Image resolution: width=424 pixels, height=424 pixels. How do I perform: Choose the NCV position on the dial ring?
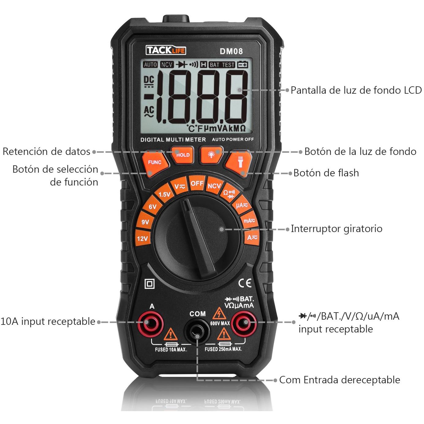coord(214,186)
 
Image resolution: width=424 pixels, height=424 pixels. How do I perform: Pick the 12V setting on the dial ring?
coord(143,238)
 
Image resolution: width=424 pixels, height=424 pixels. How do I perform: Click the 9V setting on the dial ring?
coord(145,222)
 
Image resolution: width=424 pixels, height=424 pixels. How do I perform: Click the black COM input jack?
coord(197,332)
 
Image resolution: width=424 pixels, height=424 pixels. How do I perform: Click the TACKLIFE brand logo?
coord(166,51)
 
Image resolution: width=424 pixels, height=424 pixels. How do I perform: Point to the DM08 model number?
coord(231,51)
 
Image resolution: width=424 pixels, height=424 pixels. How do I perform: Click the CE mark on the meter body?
coord(245,283)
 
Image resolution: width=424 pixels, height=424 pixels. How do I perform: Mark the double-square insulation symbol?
coord(150,284)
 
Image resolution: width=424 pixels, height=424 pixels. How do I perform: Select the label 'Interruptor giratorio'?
coord(336,229)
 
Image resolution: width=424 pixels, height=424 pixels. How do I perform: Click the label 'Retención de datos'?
coord(47,152)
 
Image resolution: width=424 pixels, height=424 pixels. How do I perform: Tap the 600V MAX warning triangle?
coord(219,313)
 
